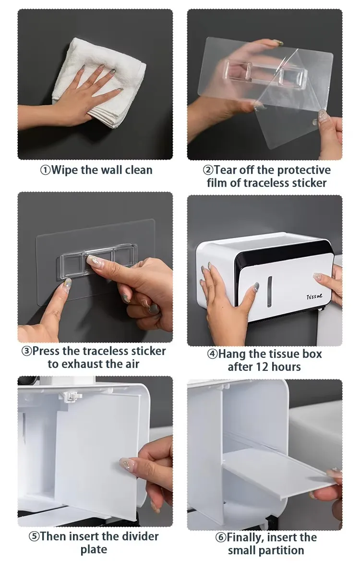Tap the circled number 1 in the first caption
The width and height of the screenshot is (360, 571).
pos(45,170)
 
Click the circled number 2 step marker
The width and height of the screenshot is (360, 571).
pos(208,170)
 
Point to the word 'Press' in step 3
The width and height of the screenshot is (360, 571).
pos(48,351)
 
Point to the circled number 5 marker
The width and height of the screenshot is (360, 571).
pos(34,536)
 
